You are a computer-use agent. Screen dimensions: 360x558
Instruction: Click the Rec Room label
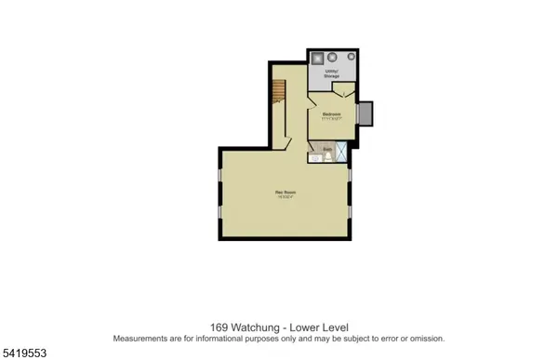285,193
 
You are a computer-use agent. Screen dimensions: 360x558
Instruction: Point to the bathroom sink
316,158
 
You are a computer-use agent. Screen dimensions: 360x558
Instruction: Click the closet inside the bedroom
343,91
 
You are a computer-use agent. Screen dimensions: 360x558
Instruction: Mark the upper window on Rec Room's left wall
219,176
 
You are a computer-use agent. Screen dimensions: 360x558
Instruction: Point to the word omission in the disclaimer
425,339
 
